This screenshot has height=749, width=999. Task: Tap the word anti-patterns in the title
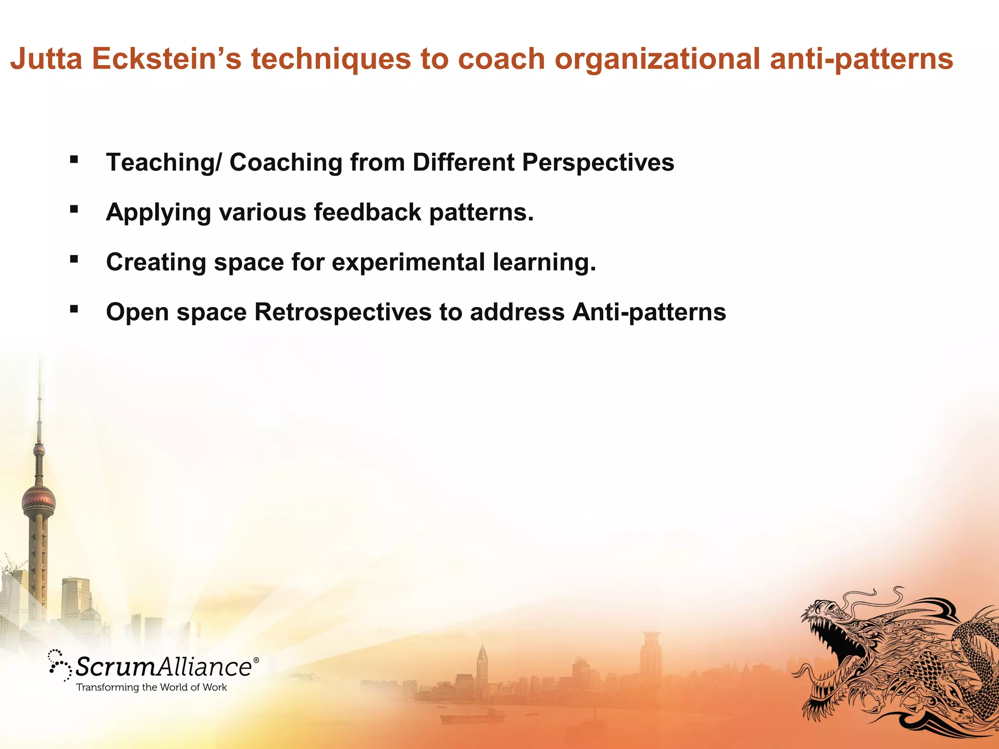[x=861, y=59]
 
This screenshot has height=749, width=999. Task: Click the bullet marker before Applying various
[x=74, y=209]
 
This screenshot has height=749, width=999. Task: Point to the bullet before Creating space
[x=74, y=259]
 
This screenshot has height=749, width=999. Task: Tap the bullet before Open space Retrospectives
[x=74, y=309]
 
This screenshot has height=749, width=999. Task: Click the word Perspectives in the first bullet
[x=598, y=162]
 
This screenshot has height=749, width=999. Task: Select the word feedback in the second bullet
[x=367, y=212]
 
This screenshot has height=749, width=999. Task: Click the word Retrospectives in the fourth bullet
[x=343, y=312]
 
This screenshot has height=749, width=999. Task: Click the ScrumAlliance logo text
[x=163, y=667]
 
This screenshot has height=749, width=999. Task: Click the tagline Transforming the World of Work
[x=151, y=688]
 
